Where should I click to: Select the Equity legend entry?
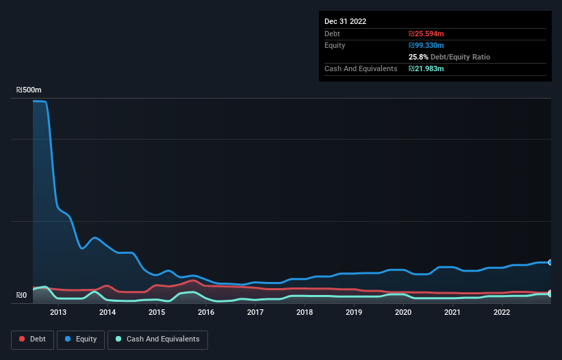pyautogui.click(x=81, y=339)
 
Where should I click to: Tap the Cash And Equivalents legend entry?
pyautogui.click(x=157, y=339)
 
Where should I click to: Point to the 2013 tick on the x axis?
pyautogui.click(x=58, y=312)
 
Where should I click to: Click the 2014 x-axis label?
pyautogui.click(x=107, y=312)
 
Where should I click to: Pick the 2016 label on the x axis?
pyautogui.click(x=206, y=312)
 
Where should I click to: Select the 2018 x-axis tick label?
pyautogui.click(x=305, y=312)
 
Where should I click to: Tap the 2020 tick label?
pyautogui.click(x=403, y=312)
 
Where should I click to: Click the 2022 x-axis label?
pyautogui.click(x=502, y=312)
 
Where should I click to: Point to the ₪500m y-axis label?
pyautogui.click(x=29, y=90)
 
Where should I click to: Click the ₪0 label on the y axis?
pyautogui.click(x=21, y=296)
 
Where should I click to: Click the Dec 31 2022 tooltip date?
pyautogui.click(x=345, y=21)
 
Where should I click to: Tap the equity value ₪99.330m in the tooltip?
pyautogui.click(x=426, y=45)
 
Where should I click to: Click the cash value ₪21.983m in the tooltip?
pyautogui.click(x=426, y=68)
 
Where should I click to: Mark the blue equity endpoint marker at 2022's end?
pyautogui.click(x=550, y=262)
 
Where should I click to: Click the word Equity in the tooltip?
pyautogui.click(x=335, y=45)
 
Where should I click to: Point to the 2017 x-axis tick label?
pyautogui.click(x=255, y=312)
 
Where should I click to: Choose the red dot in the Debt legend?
pyautogui.click(x=23, y=339)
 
